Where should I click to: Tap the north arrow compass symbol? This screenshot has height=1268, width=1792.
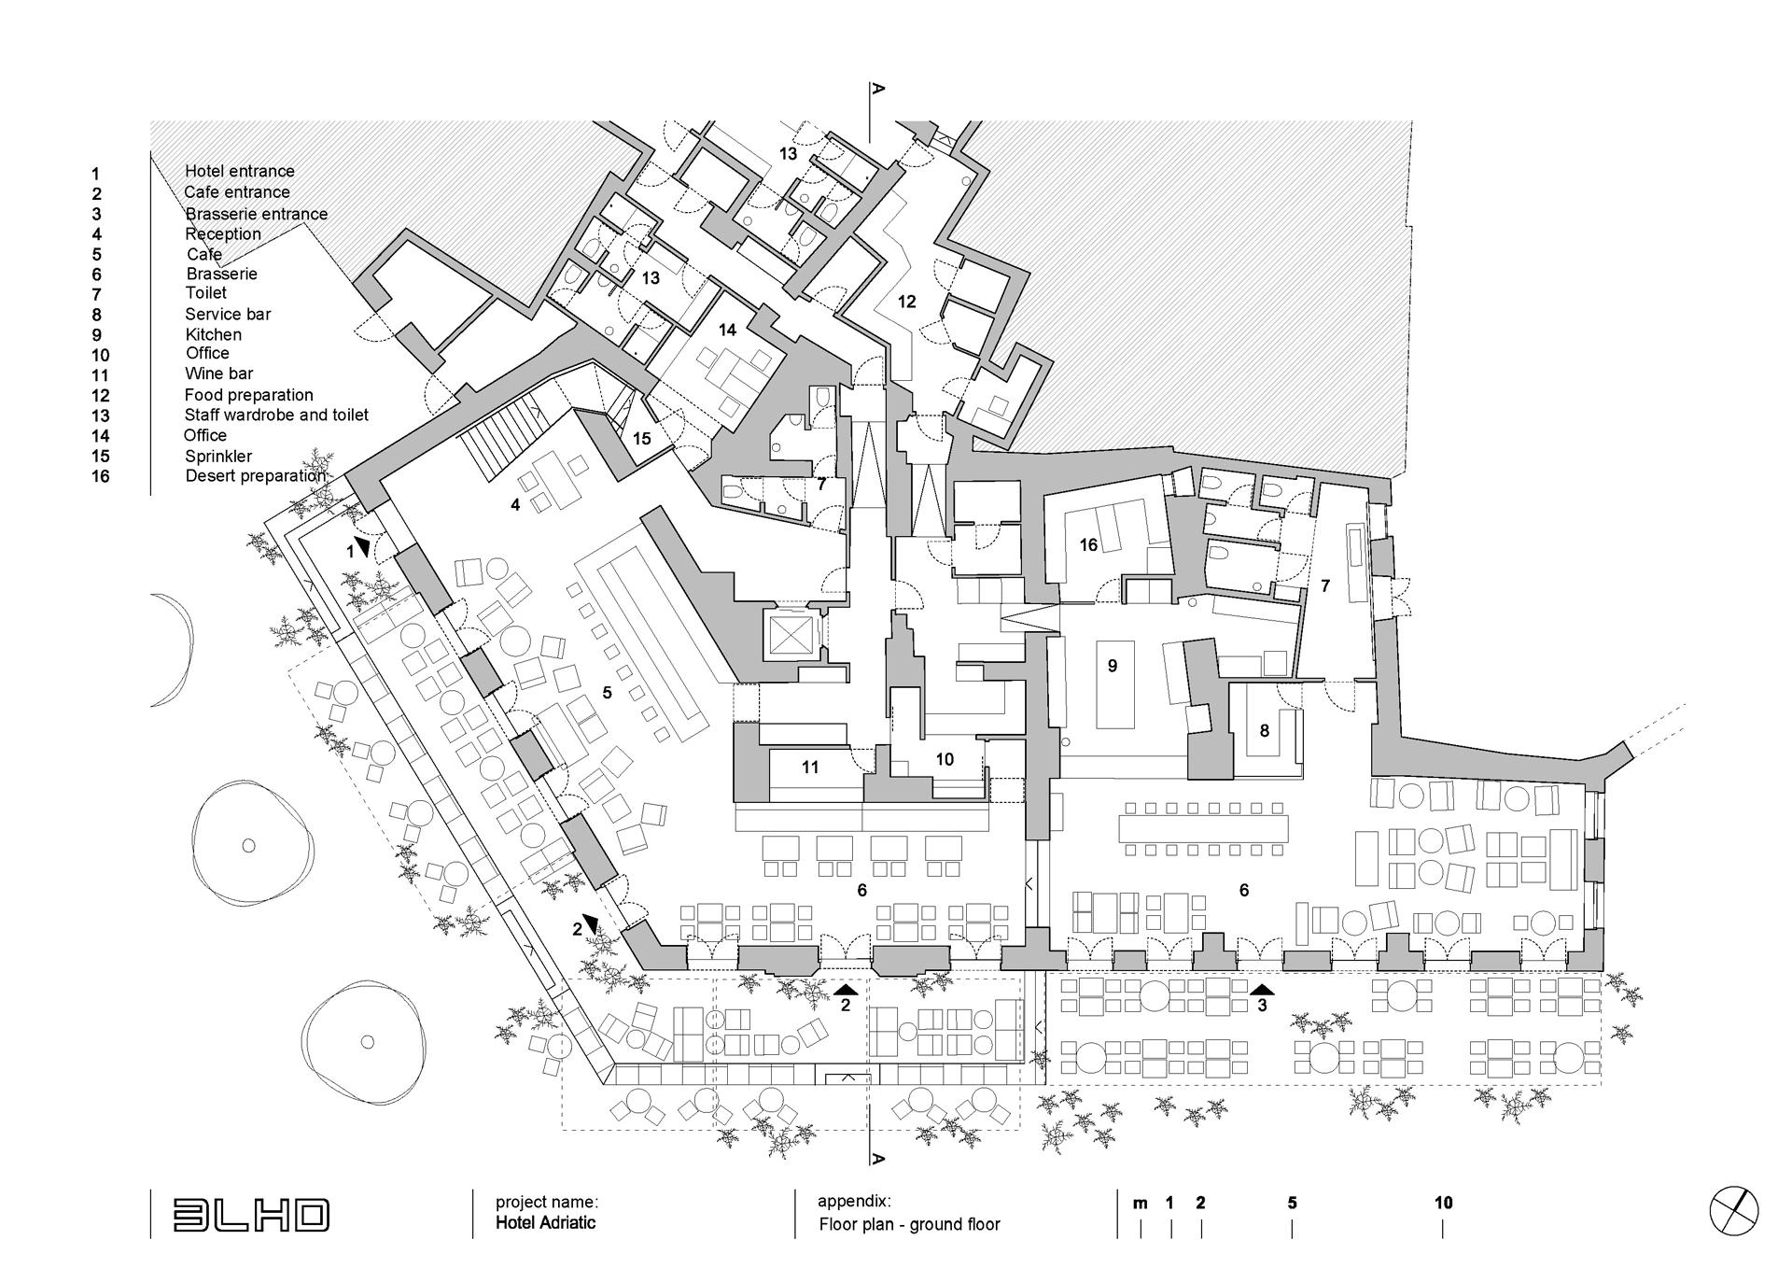coord(1733,1211)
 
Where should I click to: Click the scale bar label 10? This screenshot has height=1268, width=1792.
coord(1443,1203)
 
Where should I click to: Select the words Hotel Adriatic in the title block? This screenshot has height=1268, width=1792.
coord(545,1223)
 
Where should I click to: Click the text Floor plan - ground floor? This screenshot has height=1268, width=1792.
coord(909,1224)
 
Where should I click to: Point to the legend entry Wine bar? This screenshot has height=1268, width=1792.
coord(218,373)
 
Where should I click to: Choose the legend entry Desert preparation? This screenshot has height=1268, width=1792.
coord(256,476)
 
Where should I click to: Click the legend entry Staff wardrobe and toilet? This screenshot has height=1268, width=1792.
coord(276,415)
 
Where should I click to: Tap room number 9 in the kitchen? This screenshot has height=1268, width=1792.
coord(1112,666)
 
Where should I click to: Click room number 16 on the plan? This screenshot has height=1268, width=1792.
coord(1088,544)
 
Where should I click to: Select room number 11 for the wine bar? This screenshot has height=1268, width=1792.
coord(809,768)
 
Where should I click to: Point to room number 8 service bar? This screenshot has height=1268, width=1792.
coord(1264,731)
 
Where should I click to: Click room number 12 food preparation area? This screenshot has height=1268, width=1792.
coord(906,302)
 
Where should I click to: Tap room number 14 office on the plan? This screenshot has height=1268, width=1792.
coord(727,330)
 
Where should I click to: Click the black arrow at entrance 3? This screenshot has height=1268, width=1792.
coord(1262,990)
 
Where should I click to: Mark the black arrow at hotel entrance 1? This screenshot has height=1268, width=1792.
coord(362,545)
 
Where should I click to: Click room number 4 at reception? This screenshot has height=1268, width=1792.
coord(514,505)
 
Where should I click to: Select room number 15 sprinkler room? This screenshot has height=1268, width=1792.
coord(641,439)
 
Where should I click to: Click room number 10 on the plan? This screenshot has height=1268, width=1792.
coord(945,759)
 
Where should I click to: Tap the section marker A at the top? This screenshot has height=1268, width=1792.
coord(877,90)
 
